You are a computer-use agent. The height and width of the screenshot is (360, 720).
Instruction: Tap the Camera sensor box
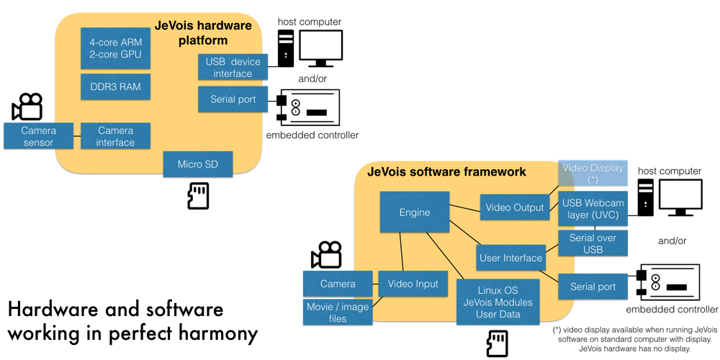coord(38,136)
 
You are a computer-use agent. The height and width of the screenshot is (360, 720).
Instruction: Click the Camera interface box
coord(115,136)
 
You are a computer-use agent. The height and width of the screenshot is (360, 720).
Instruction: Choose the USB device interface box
coord(233,68)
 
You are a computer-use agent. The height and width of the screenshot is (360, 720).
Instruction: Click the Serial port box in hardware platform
coord(233,99)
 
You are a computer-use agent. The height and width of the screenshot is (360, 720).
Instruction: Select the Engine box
coord(414,212)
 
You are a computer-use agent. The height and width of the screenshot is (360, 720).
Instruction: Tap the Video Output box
coord(515,207)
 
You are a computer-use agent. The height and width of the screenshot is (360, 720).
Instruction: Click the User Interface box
coord(510,258)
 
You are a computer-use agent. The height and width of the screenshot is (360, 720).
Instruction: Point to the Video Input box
coord(413,284)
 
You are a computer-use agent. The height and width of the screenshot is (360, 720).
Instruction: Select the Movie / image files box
coord(337,312)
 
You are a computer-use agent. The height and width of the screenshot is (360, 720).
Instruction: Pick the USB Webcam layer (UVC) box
coord(593,209)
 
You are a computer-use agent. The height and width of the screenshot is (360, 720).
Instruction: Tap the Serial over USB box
coord(593,243)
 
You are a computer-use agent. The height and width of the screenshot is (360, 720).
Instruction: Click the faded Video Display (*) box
coord(593,174)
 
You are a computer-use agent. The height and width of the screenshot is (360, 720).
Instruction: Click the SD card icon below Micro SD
coord(198,196)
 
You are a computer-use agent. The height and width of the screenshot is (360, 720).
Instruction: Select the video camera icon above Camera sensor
coord(27,107)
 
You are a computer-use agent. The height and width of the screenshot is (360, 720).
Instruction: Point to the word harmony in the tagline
coord(217,334)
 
